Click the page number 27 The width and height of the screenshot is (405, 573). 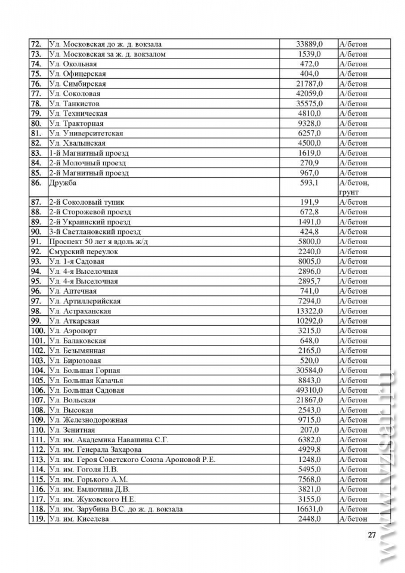[x=372, y=535]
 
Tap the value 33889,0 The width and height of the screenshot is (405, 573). [x=310, y=44]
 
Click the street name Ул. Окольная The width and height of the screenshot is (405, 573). [x=73, y=64]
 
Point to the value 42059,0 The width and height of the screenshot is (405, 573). [x=310, y=94]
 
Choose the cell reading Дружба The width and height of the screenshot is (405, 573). [x=63, y=183]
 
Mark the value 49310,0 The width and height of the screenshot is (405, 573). [x=310, y=390]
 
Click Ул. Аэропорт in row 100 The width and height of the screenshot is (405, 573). [x=73, y=331]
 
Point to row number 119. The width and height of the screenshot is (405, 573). [x=37, y=519]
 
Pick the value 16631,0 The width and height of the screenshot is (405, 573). [x=310, y=509]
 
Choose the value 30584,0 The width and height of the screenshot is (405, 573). [x=310, y=370]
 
